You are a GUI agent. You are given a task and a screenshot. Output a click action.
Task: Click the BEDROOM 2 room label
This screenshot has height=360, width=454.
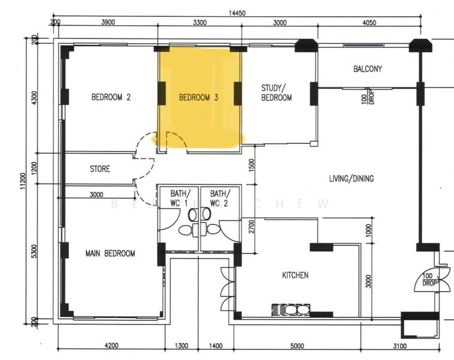tap(111, 97)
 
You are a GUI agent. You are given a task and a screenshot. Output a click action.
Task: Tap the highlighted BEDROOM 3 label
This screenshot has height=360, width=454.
tap(199, 97)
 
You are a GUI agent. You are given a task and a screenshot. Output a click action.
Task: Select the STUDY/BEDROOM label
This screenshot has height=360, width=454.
tap(276, 92)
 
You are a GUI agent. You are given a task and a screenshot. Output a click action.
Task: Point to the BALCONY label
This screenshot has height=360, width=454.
tap(368, 69)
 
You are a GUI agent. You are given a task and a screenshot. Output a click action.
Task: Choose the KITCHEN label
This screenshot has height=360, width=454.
tap(296, 275)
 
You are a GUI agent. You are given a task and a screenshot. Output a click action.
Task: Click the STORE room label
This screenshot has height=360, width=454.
tap(100, 169)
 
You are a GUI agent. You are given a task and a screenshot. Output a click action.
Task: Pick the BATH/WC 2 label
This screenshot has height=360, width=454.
tap(219, 198)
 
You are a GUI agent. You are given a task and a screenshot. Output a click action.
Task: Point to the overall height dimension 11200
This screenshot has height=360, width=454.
tap(24, 180)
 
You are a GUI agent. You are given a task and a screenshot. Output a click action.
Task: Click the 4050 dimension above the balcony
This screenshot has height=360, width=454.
tap(369, 23)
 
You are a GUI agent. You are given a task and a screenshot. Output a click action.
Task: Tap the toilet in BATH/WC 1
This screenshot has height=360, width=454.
tap(185, 229)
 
